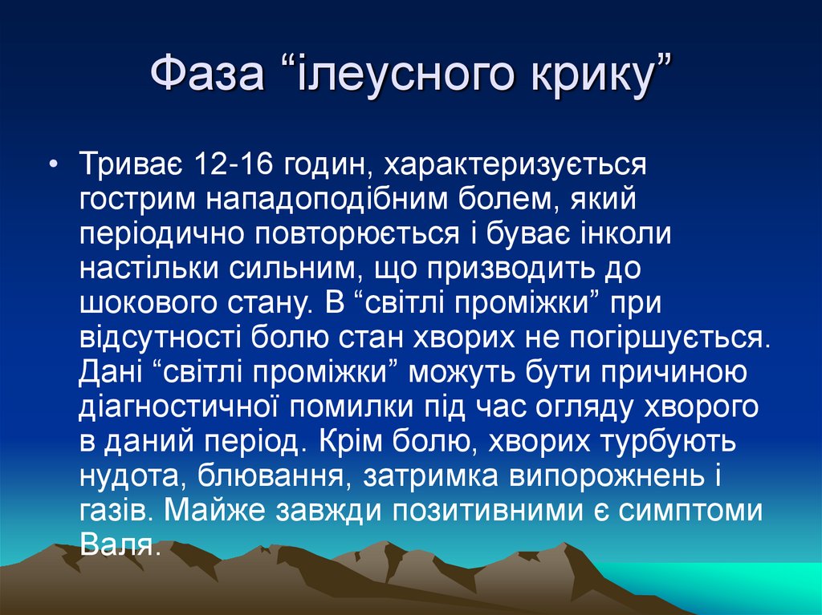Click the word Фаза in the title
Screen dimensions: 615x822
pyautogui.click(x=207, y=79)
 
